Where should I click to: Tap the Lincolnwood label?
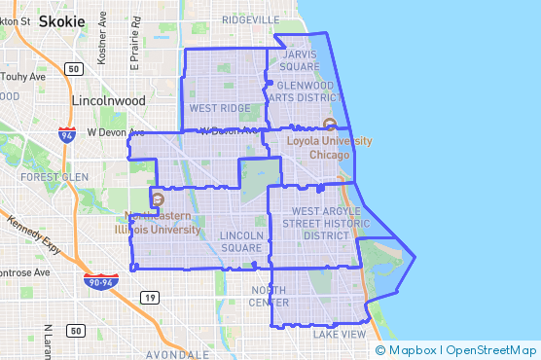(x=108, y=100)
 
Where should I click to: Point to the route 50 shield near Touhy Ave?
(x=74, y=68)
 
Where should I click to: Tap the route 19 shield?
(x=149, y=297)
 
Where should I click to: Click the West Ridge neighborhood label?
(x=220, y=108)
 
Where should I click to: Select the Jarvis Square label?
(x=301, y=61)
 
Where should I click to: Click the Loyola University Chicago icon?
(x=329, y=125)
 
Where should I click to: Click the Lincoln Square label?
(x=241, y=241)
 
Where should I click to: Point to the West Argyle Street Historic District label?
(x=312, y=223)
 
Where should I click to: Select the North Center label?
(x=270, y=296)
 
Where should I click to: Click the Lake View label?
(x=340, y=334)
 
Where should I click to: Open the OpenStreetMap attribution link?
(x=491, y=349)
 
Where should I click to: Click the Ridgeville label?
(x=251, y=18)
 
